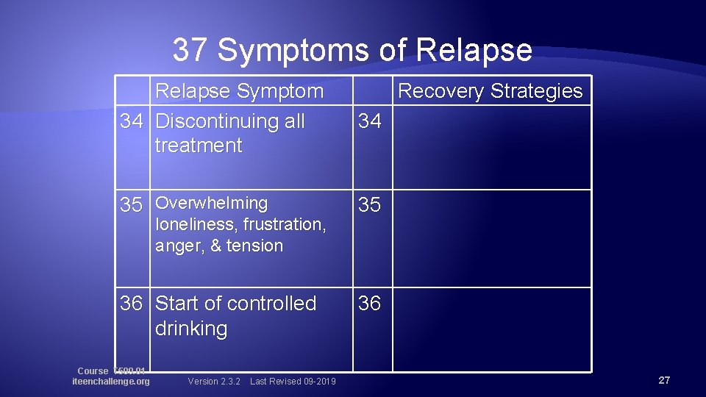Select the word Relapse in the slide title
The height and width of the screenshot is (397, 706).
[x=474, y=50]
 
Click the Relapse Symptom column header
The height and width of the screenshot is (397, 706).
[x=239, y=91]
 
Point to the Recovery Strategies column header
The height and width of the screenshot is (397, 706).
[x=490, y=91]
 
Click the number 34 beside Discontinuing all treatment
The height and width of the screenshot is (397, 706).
[x=131, y=121]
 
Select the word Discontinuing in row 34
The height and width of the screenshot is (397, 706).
[x=229, y=121]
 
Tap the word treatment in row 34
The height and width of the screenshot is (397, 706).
[x=198, y=146]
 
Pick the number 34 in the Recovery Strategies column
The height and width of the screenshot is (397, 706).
[x=369, y=121]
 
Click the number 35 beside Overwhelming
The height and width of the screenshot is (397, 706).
[x=131, y=205]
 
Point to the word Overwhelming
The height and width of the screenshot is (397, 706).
[x=212, y=203]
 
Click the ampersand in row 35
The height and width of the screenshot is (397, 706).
[x=215, y=246]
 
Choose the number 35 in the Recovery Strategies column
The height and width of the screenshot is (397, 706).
[x=369, y=205]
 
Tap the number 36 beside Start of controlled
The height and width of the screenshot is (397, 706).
[x=131, y=304]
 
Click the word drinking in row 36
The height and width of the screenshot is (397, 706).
[x=191, y=329]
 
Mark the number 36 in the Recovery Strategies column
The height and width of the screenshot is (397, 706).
[x=369, y=304]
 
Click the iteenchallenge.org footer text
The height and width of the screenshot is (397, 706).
[x=111, y=381]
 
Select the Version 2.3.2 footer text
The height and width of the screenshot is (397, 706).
[x=214, y=381]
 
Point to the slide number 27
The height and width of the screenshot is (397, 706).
[x=664, y=380]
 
